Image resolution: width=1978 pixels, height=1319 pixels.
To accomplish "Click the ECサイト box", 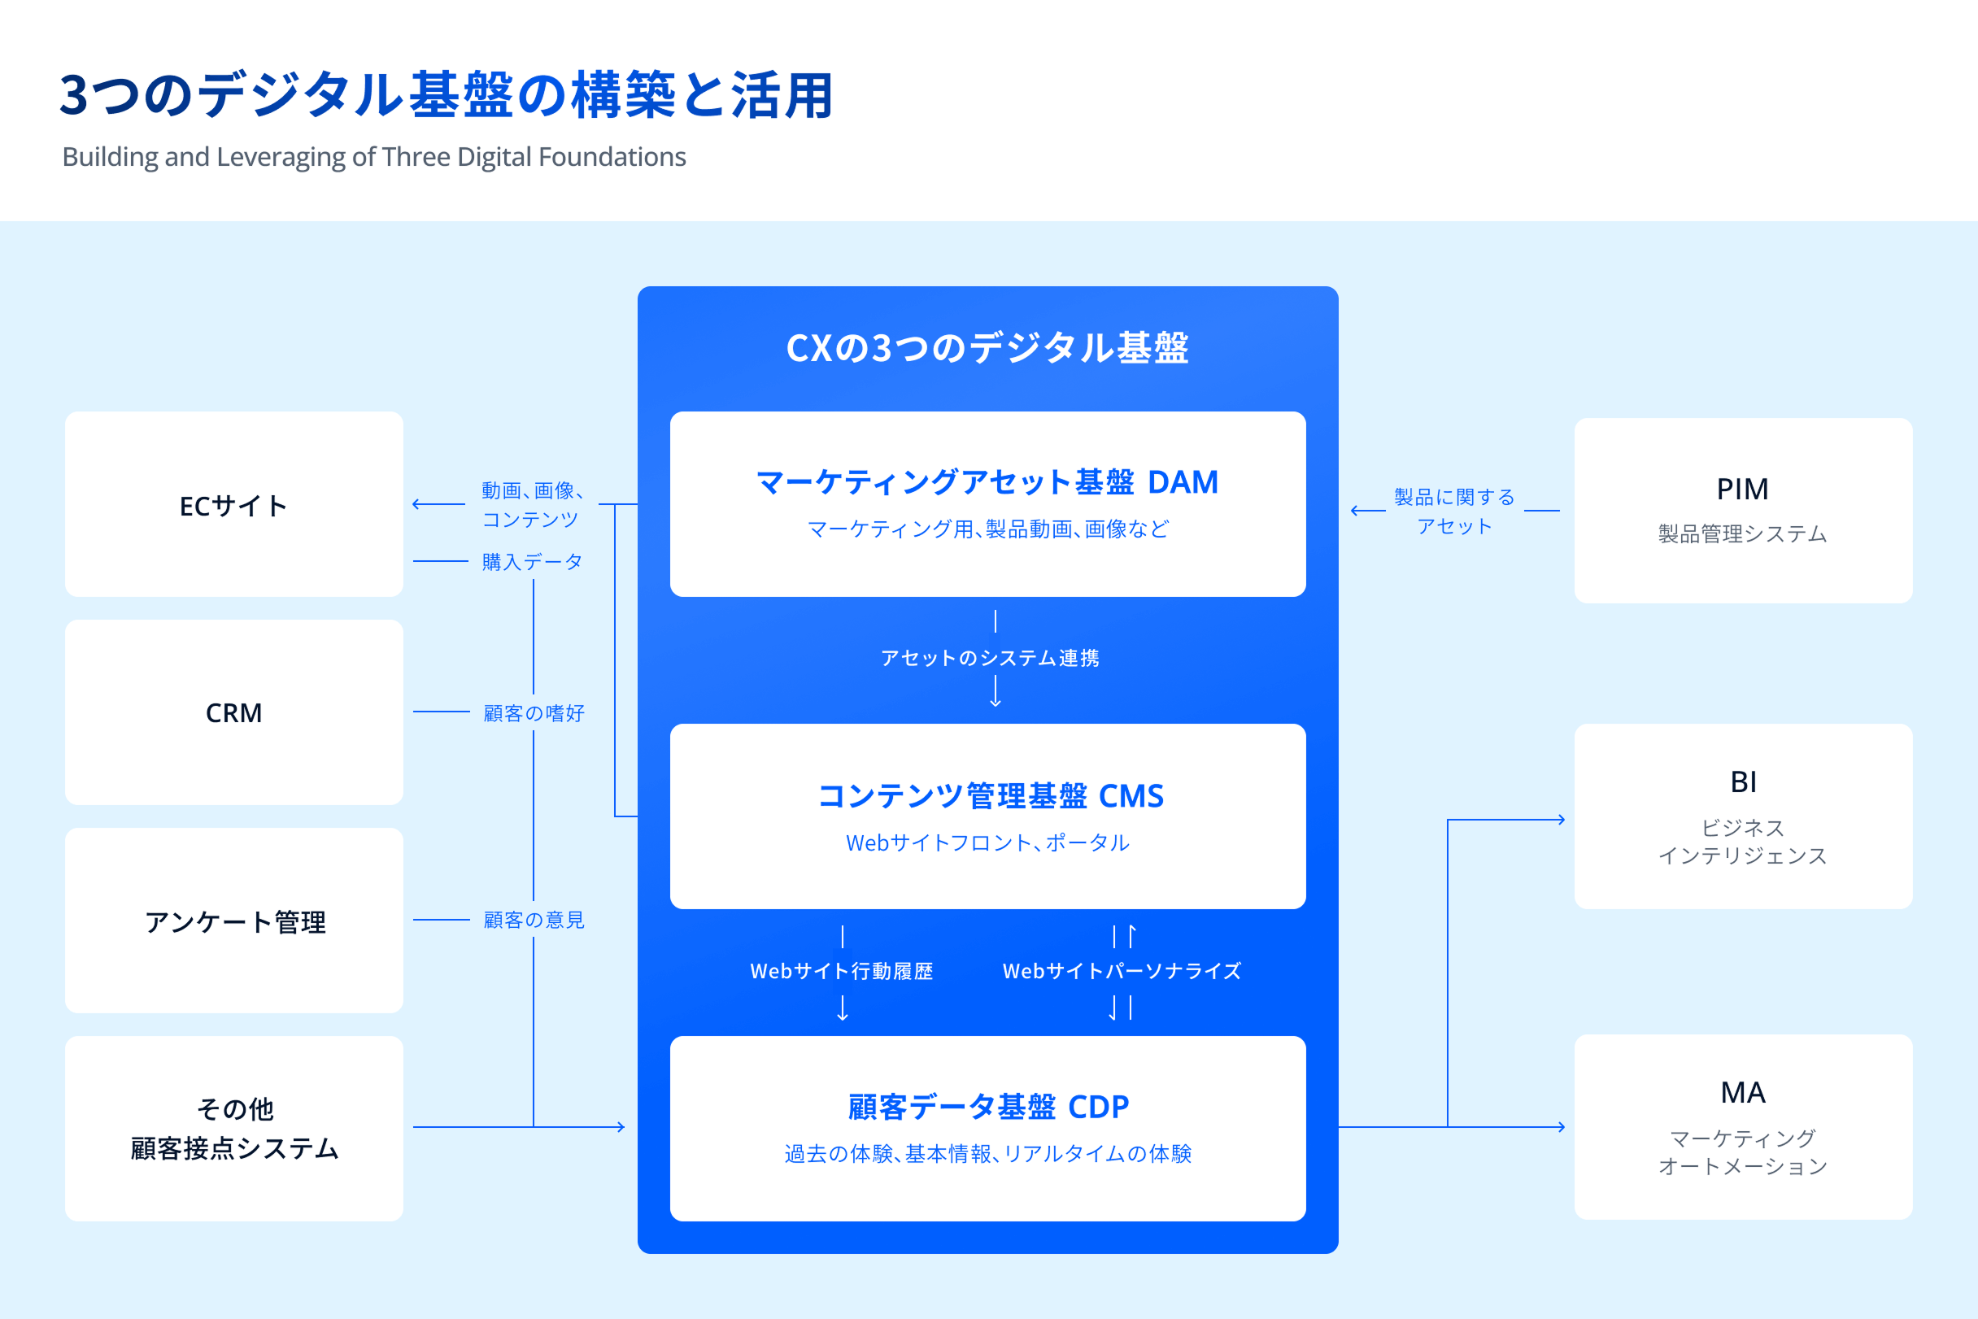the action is [x=234, y=504].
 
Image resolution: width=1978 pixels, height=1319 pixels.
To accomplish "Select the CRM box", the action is [x=234, y=712].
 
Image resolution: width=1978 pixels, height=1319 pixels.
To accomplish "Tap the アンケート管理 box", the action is [x=234, y=921].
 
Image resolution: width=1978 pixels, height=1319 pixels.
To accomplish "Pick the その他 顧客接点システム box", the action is [x=234, y=1128].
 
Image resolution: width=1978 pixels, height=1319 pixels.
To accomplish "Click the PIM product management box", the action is [x=1743, y=511].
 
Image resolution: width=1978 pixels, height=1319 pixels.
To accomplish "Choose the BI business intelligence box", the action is [x=1743, y=816].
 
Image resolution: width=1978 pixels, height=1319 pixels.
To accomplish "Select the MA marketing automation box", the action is [x=1743, y=1127].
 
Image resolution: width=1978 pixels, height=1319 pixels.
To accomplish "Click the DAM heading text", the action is [x=987, y=482].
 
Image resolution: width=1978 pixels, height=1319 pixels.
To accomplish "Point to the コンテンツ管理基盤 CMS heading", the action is [x=991, y=796].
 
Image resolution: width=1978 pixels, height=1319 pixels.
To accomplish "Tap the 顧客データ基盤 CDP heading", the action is [x=988, y=1107].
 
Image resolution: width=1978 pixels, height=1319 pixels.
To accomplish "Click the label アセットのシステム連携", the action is [x=990, y=658].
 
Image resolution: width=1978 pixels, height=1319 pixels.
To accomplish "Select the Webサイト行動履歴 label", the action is [x=841, y=971].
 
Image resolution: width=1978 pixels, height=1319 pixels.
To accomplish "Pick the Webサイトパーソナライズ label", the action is [x=1122, y=971].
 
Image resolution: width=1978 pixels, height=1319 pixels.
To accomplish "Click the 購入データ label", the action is [x=533, y=561].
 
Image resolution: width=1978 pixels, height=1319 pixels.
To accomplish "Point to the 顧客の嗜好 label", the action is [x=534, y=713].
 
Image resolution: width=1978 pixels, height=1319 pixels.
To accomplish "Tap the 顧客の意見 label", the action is [x=534, y=921].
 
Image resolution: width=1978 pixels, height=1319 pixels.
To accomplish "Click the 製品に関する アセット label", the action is [x=1455, y=511].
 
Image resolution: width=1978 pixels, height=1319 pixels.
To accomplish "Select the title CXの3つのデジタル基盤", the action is [x=987, y=347].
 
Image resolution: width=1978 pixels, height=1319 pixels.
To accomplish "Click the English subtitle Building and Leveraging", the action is [x=373, y=157].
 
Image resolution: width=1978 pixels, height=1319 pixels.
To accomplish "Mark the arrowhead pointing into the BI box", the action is [x=1562, y=820].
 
